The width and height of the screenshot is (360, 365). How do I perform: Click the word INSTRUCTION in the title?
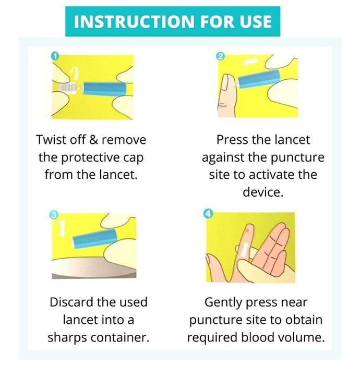[134, 21]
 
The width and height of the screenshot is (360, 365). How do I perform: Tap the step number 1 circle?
[55, 56]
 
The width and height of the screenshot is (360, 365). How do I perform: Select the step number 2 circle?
[220, 56]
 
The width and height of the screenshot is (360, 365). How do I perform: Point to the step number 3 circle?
[54, 215]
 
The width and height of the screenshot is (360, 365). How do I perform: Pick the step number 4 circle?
[208, 213]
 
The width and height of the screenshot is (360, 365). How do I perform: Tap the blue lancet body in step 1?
[105, 89]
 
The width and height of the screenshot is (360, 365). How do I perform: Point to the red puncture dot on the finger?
[248, 230]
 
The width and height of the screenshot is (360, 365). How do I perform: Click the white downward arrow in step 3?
[62, 228]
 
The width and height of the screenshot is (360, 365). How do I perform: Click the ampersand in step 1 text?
[93, 140]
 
